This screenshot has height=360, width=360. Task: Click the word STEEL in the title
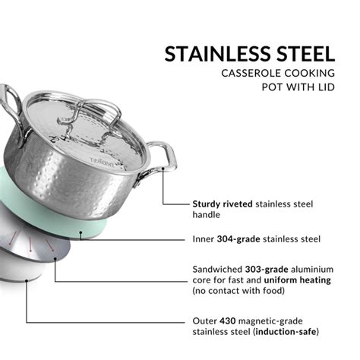(x=304, y=54)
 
